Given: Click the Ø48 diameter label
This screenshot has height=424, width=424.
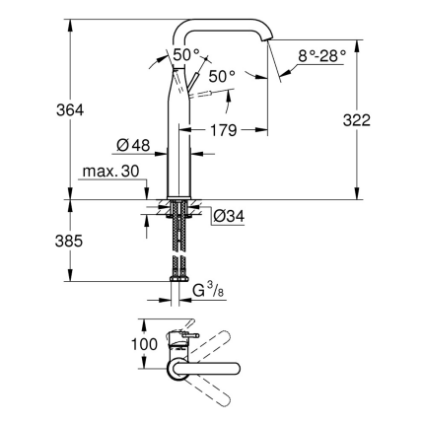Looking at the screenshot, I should pos(132,147).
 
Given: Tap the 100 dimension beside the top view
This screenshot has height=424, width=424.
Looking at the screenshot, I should pos(115,345).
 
